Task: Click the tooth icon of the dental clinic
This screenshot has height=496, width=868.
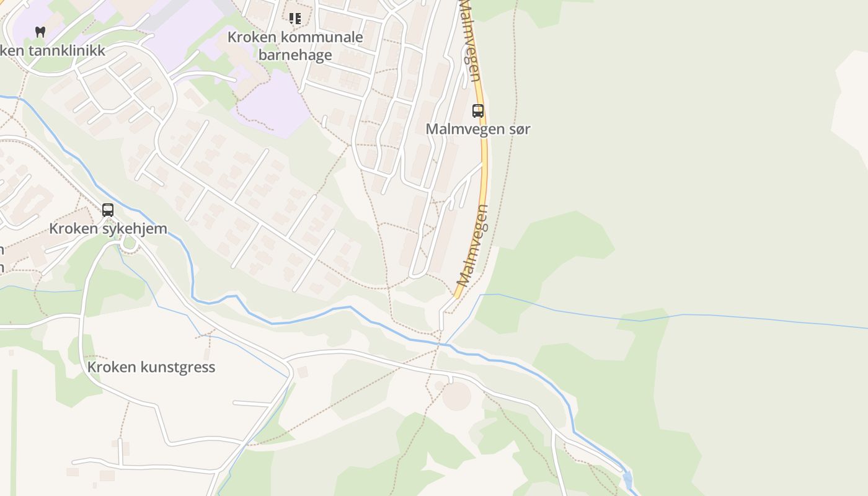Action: (40, 32)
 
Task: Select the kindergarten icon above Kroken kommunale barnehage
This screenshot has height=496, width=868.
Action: (295, 19)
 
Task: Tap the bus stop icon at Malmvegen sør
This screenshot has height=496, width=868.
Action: (478, 111)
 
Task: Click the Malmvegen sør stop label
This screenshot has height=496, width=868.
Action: (477, 129)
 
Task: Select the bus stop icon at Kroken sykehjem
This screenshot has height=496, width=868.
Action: (108, 210)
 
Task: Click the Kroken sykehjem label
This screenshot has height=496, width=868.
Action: (108, 228)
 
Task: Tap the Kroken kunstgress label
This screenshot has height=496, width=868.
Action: (151, 367)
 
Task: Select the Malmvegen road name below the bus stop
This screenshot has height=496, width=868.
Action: (472, 245)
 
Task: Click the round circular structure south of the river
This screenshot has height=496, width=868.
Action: (457, 396)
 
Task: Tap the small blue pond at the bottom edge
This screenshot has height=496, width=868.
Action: (627, 479)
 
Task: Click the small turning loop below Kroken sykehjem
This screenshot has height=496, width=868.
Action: (130, 242)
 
